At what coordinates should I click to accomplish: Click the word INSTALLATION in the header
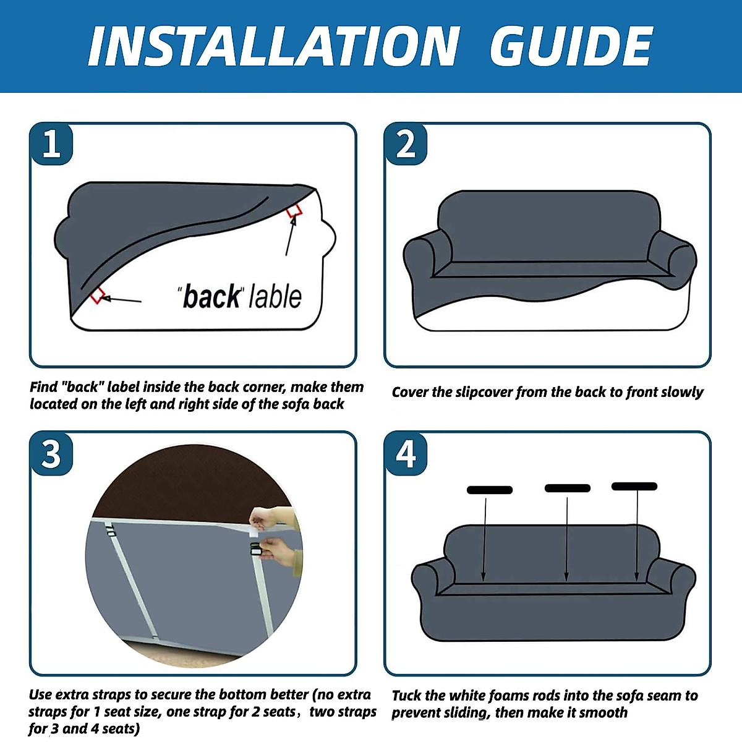click(x=274, y=46)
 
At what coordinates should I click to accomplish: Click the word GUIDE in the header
click(x=571, y=46)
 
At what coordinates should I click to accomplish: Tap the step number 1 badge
click(x=51, y=143)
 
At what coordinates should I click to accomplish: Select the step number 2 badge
click(x=406, y=143)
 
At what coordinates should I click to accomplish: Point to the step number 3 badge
click(x=51, y=454)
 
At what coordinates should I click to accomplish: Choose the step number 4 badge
click(x=406, y=454)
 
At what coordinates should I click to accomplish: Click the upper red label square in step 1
click(x=294, y=211)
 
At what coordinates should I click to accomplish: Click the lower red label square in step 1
click(x=98, y=296)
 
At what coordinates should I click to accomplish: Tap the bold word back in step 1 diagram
click(x=211, y=297)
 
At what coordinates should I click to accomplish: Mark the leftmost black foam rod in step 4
click(x=489, y=490)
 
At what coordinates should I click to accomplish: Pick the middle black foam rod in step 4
click(x=567, y=488)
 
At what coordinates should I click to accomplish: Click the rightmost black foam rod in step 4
click(x=634, y=487)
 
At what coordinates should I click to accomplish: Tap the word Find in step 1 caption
click(x=44, y=387)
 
